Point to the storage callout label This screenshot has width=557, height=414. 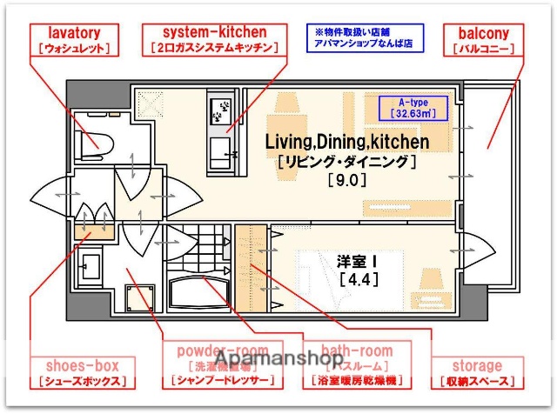(477, 366)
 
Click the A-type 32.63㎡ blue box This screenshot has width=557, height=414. (413, 107)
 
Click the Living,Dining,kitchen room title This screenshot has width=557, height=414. (346, 141)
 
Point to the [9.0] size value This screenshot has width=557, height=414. (346, 181)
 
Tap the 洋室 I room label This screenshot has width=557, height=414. (357, 260)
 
